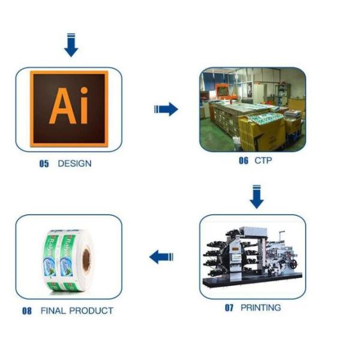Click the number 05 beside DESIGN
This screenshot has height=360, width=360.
[44, 163]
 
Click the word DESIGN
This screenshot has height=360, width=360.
[74, 163]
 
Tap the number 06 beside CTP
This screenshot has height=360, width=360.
[243, 160]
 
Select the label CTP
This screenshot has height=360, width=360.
[263, 160]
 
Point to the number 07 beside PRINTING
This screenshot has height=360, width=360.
[229, 308]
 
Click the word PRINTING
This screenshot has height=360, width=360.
[260, 308]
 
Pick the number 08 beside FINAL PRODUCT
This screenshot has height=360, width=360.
[27, 311]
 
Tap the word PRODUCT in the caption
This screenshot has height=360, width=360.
[91, 311]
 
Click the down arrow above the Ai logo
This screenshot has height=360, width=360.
[71, 46]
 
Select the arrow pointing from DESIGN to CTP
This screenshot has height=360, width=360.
[166, 109]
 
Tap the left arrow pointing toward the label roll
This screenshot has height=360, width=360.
[161, 257]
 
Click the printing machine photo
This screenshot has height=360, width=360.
[252, 257]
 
